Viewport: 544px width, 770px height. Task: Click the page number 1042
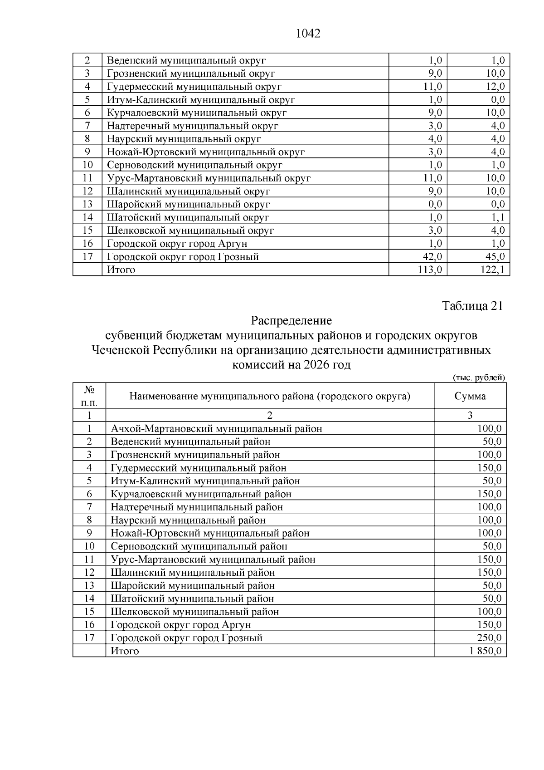click(x=308, y=34)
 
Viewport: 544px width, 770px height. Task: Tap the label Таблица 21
click(x=472, y=306)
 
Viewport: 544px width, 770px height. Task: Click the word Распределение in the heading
click(x=291, y=321)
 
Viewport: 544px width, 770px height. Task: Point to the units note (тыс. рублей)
click(x=479, y=378)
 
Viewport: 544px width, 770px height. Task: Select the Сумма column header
click(x=470, y=396)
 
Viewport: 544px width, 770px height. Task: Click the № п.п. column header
click(x=89, y=396)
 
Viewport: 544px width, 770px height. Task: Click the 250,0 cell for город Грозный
click(x=489, y=638)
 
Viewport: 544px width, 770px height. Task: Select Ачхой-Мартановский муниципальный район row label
click(x=216, y=429)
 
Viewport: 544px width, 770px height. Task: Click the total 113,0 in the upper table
click(x=430, y=270)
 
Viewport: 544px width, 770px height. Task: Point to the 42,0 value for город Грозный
click(x=432, y=257)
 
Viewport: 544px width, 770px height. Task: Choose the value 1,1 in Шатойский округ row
click(x=498, y=218)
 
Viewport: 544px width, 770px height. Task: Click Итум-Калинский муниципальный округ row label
click(x=201, y=100)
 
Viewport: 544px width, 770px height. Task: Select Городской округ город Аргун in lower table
click(x=180, y=625)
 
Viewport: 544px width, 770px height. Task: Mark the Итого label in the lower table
click(x=125, y=651)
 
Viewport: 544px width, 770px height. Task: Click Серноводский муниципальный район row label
click(x=199, y=546)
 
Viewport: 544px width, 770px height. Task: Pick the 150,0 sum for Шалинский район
click(x=489, y=573)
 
